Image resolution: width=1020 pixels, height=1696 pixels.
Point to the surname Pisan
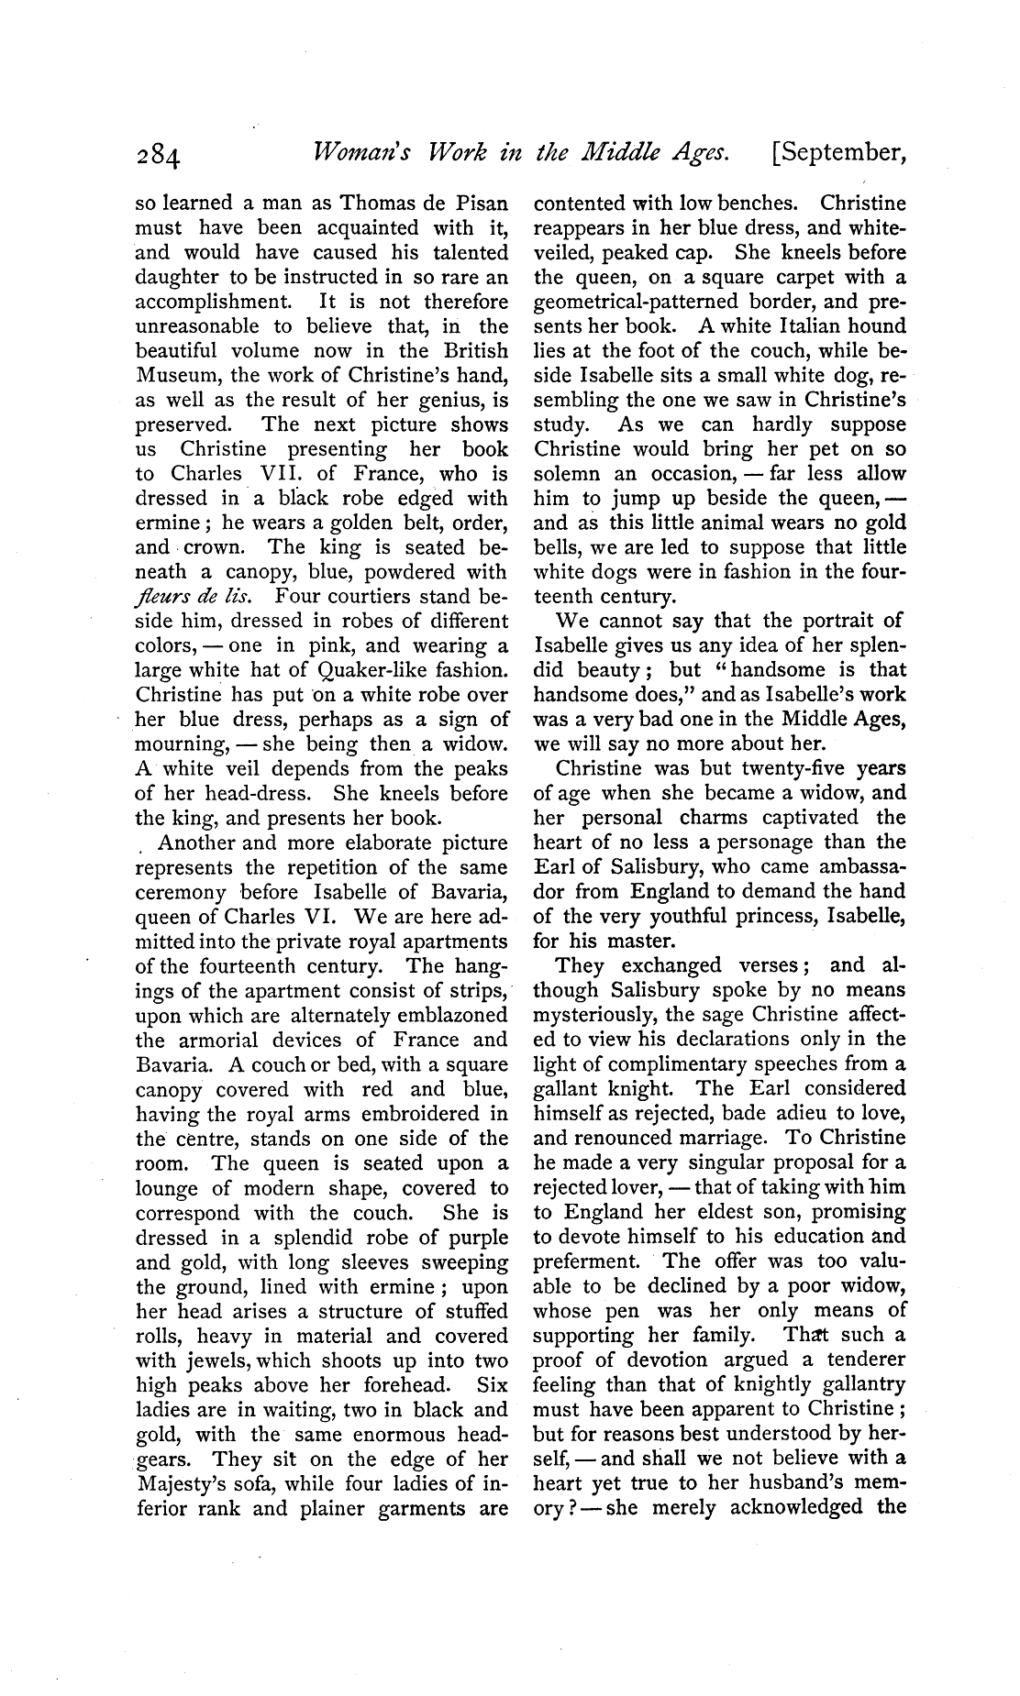click(x=475, y=203)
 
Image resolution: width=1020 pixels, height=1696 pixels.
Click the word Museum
click(x=178, y=375)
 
